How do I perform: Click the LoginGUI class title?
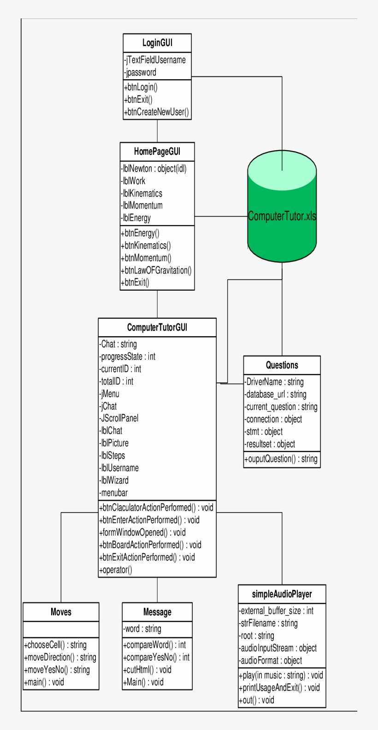(157, 43)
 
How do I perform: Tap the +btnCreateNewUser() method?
(156, 112)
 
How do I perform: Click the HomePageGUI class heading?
(157, 152)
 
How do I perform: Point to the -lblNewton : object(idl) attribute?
(154, 169)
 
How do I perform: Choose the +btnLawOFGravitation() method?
(156, 270)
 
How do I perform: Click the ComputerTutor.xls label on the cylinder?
(282, 216)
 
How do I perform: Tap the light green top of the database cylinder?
(282, 169)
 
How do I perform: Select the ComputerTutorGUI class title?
(157, 327)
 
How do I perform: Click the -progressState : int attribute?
(128, 356)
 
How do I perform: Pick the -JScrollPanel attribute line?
(119, 418)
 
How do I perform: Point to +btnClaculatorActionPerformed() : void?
(156, 508)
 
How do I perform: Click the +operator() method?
(116, 570)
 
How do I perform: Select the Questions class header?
(282, 365)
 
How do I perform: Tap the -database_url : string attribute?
(275, 394)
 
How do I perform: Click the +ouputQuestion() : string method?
(281, 459)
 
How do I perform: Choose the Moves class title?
(61, 612)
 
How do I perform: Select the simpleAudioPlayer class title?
(282, 594)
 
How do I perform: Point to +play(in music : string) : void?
(281, 675)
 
